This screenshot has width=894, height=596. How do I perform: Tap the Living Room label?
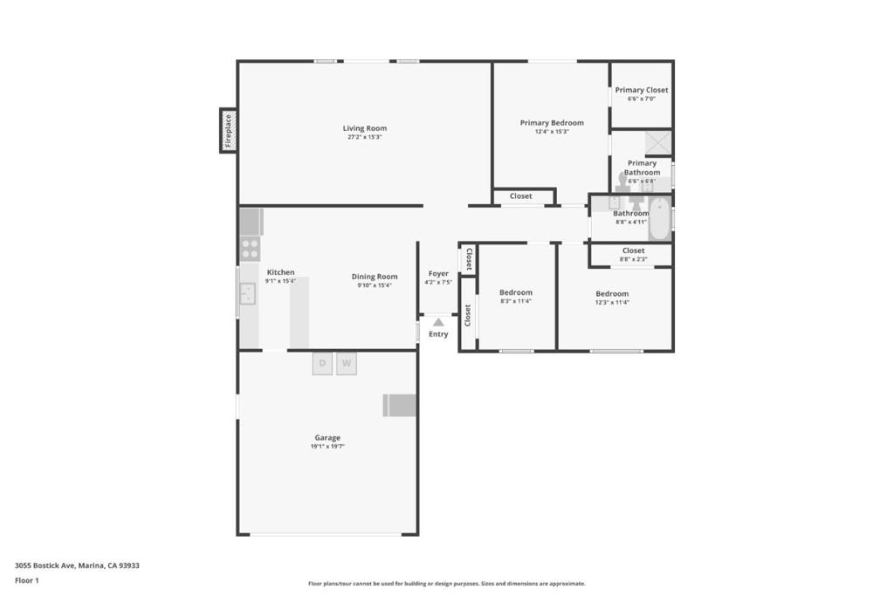click(x=364, y=128)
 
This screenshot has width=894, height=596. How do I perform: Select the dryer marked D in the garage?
click(x=322, y=363)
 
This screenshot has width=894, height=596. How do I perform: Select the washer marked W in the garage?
click(x=347, y=363)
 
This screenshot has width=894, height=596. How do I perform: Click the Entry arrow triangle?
click(x=438, y=322)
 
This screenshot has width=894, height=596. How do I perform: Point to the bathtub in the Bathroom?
click(x=659, y=219)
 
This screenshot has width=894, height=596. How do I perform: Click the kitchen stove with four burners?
click(x=250, y=248)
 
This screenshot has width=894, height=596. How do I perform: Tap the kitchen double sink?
click(x=248, y=293)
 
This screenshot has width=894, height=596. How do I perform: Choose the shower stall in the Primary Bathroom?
click(x=657, y=143)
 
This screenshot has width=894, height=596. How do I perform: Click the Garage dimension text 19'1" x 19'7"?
click(x=327, y=447)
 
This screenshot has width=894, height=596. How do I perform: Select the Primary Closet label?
click(x=641, y=90)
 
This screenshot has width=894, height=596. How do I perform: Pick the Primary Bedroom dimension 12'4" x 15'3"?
click(x=552, y=132)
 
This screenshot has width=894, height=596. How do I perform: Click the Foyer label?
click(x=438, y=273)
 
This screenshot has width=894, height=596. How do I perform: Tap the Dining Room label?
click(x=375, y=277)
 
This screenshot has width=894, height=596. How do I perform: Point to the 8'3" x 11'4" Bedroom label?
click(x=515, y=292)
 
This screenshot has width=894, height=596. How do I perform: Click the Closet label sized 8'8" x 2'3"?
click(x=633, y=250)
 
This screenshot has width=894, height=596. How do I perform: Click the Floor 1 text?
click(x=27, y=580)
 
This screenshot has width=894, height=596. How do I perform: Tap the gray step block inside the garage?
click(x=400, y=405)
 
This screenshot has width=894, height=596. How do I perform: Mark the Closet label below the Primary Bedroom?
click(x=521, y=196)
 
